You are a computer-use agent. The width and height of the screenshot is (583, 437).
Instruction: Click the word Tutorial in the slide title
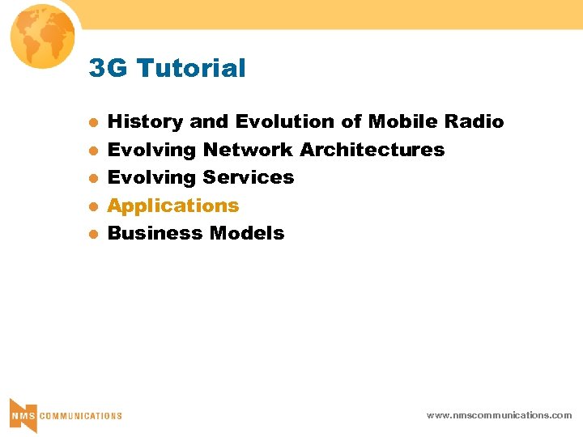(192, 69)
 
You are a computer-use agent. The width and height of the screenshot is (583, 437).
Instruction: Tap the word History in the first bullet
(145, 122)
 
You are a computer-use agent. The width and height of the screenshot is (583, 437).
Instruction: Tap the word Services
(249, 177)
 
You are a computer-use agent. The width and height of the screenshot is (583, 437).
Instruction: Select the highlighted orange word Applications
(173, 206)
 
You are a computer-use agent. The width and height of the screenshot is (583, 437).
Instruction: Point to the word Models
(247, 233)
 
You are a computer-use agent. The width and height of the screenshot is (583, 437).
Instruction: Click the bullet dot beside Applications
(93, 206)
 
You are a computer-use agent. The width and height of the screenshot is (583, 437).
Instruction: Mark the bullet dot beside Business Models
(93, 234)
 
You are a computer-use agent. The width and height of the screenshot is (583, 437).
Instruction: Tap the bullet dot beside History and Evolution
(93, 123)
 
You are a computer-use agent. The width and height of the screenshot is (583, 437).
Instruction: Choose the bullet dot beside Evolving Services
(93, 178)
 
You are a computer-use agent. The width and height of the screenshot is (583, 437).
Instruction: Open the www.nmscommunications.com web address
(499, 415)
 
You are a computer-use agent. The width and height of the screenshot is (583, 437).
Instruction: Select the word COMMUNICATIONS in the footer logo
(81, 416)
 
